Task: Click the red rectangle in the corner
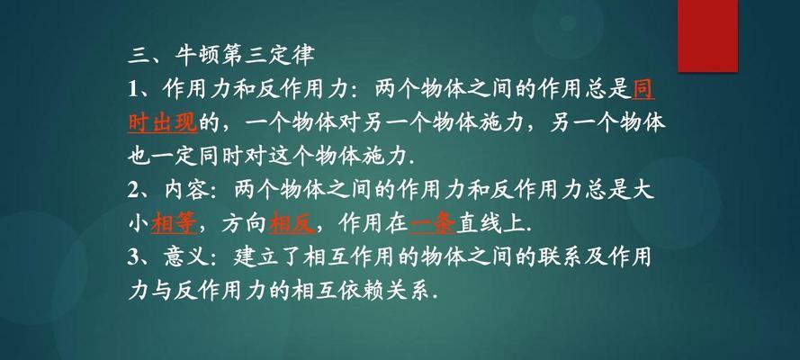[x=707, y=36]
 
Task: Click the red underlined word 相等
[x=174, y=224]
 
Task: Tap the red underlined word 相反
[x=292, y=224]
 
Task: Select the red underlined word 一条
[x=432, y=224]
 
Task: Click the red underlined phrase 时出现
[x=162, y=124]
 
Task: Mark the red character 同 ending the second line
[x=643, y=90]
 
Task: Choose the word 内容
[x=187, y=191]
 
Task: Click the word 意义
[x=187, y=258]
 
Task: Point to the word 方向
[x=244, y=224]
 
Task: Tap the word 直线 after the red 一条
[x=479, y=224]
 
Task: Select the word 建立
[x=256, y=258]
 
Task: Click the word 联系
[x=559, y=258]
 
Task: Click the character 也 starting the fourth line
[x=139, y=157]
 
